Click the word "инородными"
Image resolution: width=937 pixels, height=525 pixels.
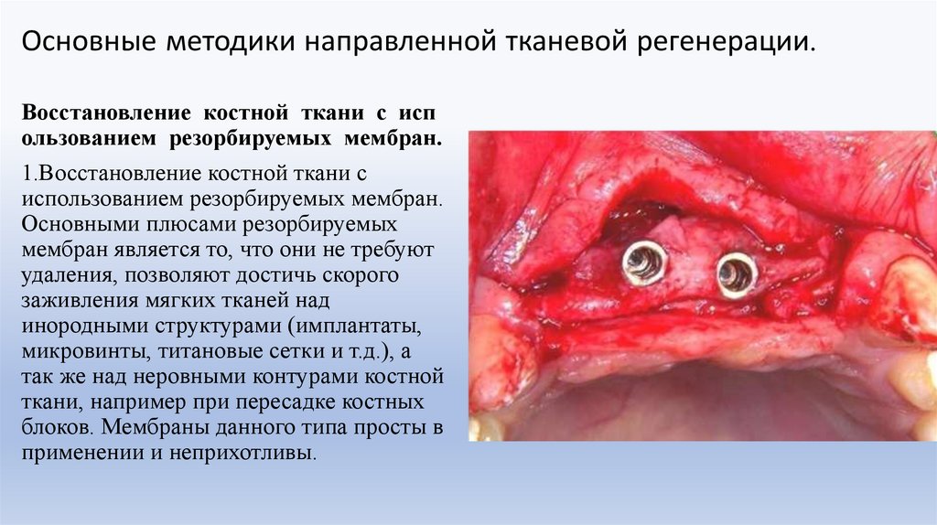point(77,327)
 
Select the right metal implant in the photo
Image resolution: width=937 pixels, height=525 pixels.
point(736,273)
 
